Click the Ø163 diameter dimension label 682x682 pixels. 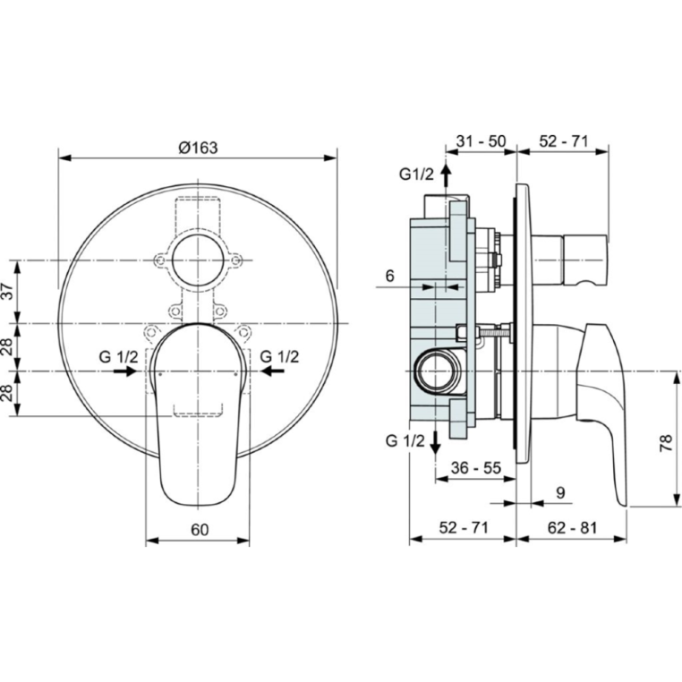(x=199, y=148)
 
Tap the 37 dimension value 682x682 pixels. (x=9, y=292)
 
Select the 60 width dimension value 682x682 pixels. (x=200, y=529)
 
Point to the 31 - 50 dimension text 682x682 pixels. (x=481, y=141)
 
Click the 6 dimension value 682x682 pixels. (x=389, y=276)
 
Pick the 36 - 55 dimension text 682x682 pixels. (x=476, y=468)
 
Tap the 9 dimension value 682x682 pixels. (x=560, y=493)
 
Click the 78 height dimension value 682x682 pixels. (x=666, y=444)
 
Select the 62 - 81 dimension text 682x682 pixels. (x=573, y=527)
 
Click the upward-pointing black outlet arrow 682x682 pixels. (x=446, y=176)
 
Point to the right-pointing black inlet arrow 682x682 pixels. (x=125, y=371)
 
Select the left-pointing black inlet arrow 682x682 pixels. (x=272, y=371)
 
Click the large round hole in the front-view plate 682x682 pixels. (x=198, y=260)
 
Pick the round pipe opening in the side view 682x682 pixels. (x=435, y=371)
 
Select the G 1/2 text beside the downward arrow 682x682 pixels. (x=405, y=441)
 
